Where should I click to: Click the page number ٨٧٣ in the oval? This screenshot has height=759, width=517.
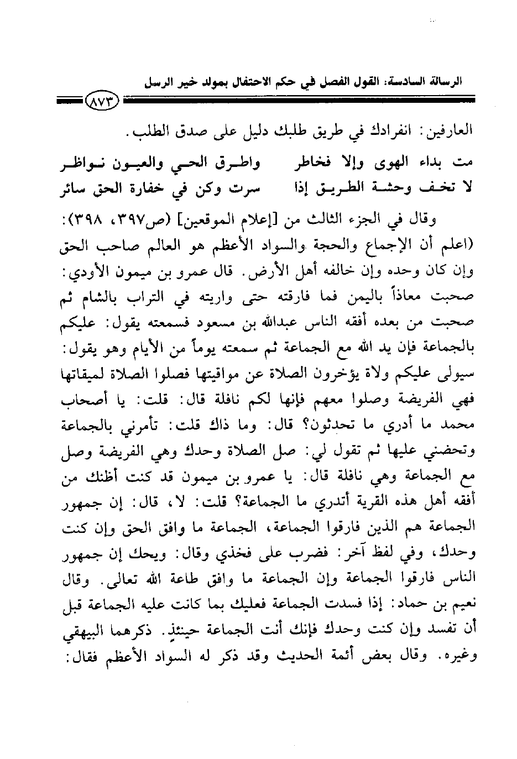pyautogui.click(x=103, y=102)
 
